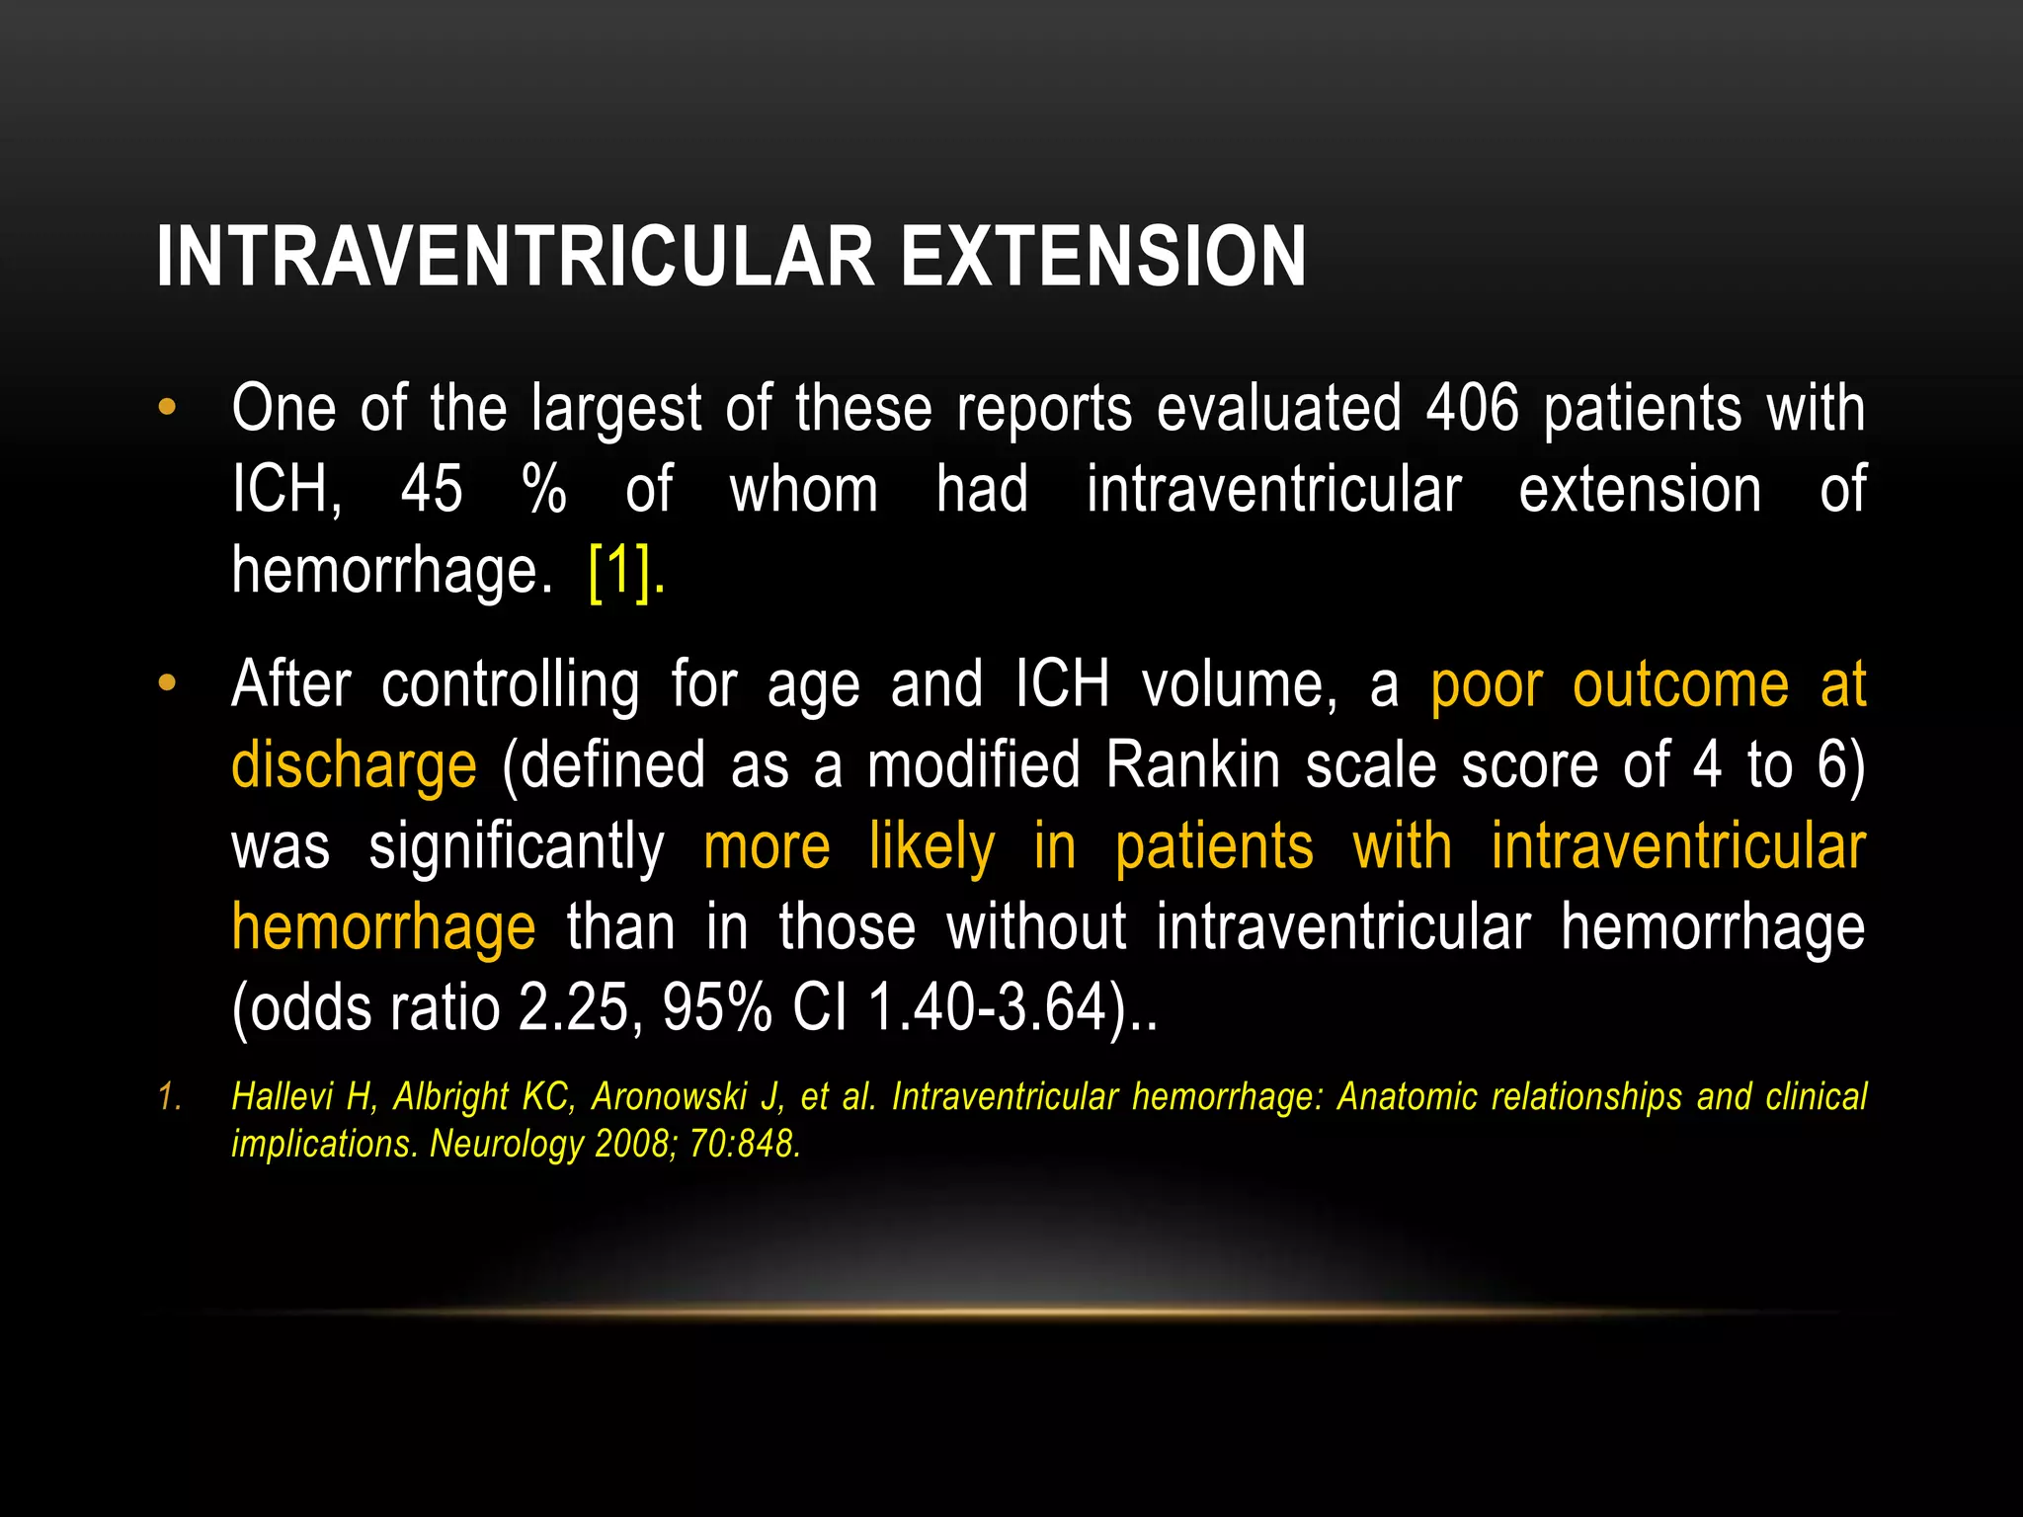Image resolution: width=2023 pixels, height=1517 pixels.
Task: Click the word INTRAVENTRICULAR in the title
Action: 515,257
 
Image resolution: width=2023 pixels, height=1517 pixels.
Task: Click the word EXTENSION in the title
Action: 1103,257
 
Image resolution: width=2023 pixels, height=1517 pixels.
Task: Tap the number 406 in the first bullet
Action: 1472,408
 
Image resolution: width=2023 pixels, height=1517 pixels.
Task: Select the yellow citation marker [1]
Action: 619,570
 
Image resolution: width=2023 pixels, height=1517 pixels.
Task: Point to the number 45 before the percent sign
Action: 432,489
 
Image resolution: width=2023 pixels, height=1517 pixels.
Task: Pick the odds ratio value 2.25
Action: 574,1008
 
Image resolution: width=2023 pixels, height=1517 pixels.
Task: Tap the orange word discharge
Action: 354,766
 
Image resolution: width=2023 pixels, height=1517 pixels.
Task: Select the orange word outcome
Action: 1680,684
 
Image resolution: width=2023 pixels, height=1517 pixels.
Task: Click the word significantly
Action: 517,847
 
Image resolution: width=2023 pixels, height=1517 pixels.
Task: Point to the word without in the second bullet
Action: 1036,927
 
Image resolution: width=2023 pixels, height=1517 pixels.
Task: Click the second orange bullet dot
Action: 167,682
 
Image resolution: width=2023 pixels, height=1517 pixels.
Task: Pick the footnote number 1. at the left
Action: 170,1097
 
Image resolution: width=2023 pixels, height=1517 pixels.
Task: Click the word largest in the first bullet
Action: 615,410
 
